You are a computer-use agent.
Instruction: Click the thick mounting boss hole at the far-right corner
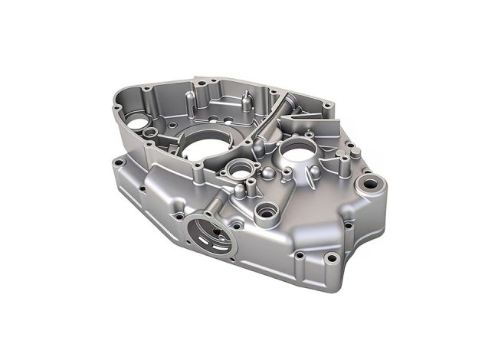tap(375, 184)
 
